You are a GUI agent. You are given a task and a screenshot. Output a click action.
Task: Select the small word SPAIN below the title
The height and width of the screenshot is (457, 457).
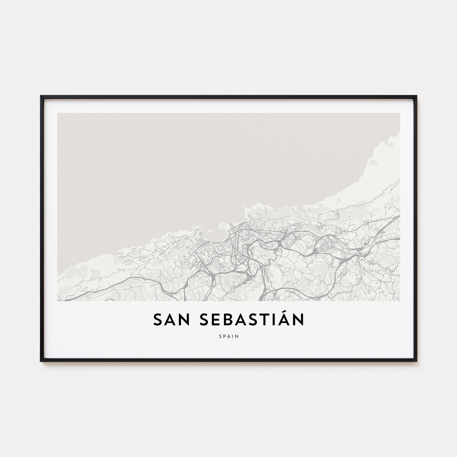pos(228,335)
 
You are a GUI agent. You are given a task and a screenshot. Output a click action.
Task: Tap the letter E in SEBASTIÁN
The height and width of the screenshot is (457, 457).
pos(215,320)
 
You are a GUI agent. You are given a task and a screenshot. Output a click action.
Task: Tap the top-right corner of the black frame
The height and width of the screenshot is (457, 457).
pos(417,96)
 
